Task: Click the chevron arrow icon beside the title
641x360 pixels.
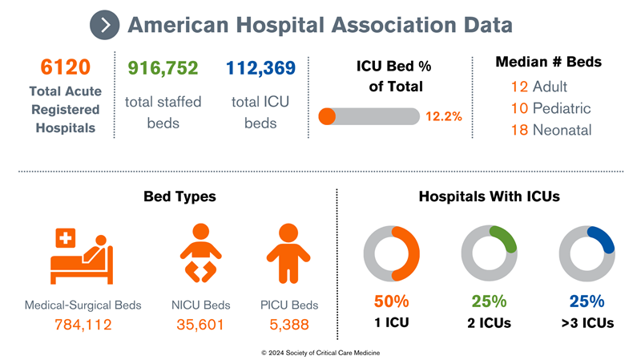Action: click(x=105, y=25)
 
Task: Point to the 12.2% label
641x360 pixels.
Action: click(x=443, y=116)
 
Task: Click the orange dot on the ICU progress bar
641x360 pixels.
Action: click(x=327, y=116)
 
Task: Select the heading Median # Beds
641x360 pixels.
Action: click(x=548, y=62)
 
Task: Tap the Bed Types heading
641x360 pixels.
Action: click(x=179, y=196)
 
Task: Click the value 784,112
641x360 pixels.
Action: click(x=83, y=325)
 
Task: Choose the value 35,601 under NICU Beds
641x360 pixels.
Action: click(x=201, y=325)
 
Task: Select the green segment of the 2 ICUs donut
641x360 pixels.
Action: click(x=504, y=237)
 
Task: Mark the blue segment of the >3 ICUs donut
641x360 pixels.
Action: click(x=602, y=237)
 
